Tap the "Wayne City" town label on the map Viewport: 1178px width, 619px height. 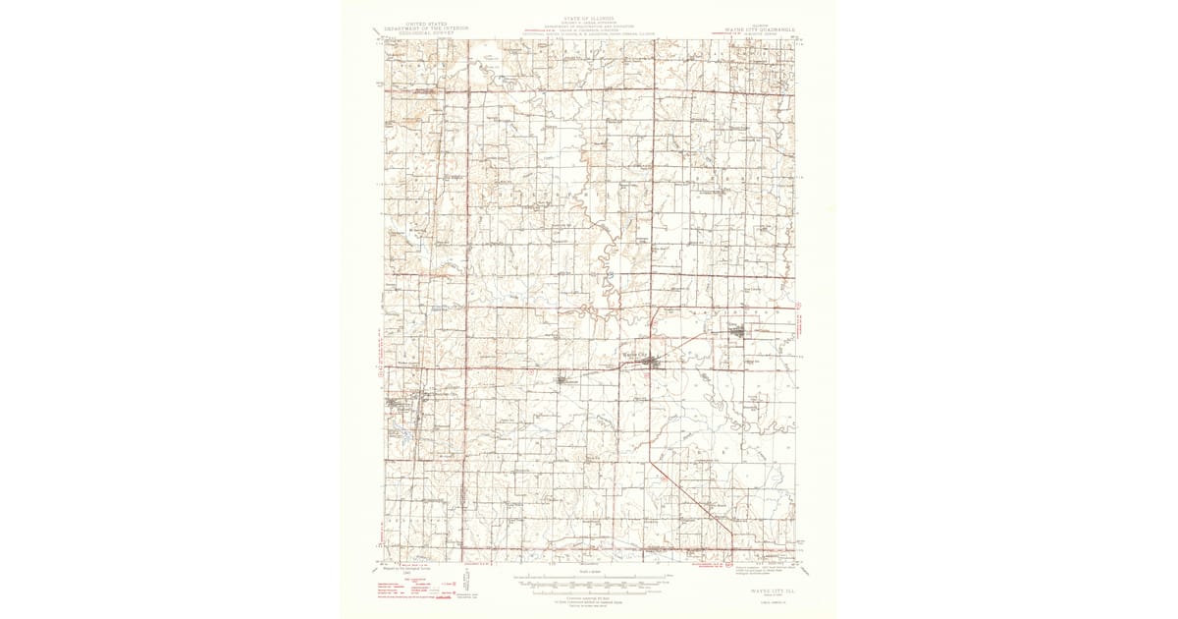(637, 355)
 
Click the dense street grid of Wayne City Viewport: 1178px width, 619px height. (648, 364)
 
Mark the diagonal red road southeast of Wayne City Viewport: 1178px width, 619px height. (692, 496)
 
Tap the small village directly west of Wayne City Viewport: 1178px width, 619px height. (561, 379)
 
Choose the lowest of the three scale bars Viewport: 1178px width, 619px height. (590, 590)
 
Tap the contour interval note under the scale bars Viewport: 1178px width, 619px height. (590, 597)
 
